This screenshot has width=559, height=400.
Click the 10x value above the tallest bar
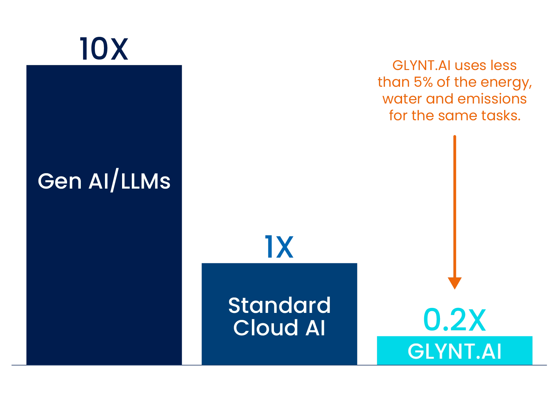(103, 49)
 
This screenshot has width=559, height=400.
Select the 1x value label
(279, 247)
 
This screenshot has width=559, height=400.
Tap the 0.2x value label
(455, 320)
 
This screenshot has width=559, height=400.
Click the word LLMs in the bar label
(146, 181)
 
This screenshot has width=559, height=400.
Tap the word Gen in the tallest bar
(60, 181)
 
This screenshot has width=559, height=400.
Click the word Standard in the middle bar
(279, 305)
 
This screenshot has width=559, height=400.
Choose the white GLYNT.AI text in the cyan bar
(455, 352)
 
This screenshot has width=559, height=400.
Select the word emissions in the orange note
(492, 99)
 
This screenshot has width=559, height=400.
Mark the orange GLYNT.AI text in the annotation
(421, 66)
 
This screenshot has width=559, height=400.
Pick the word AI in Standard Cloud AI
(315, 328)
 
